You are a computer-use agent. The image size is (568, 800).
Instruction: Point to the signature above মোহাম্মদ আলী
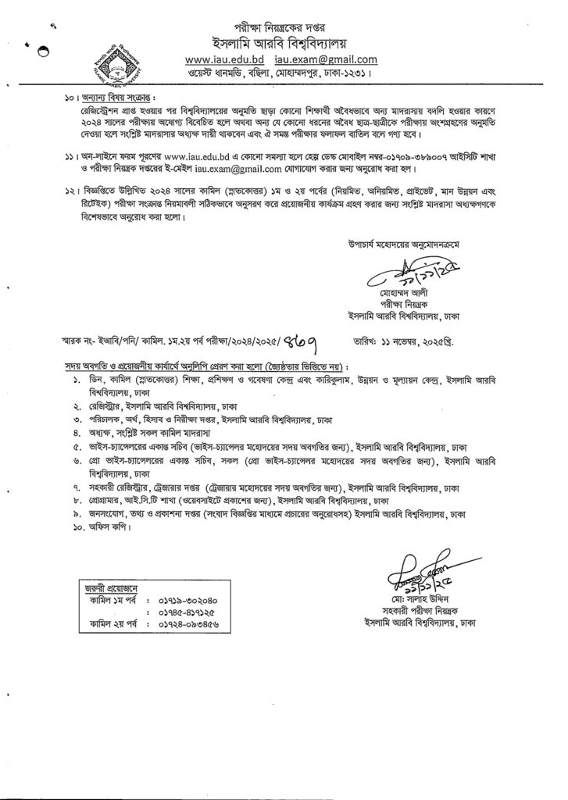point(398,277)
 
